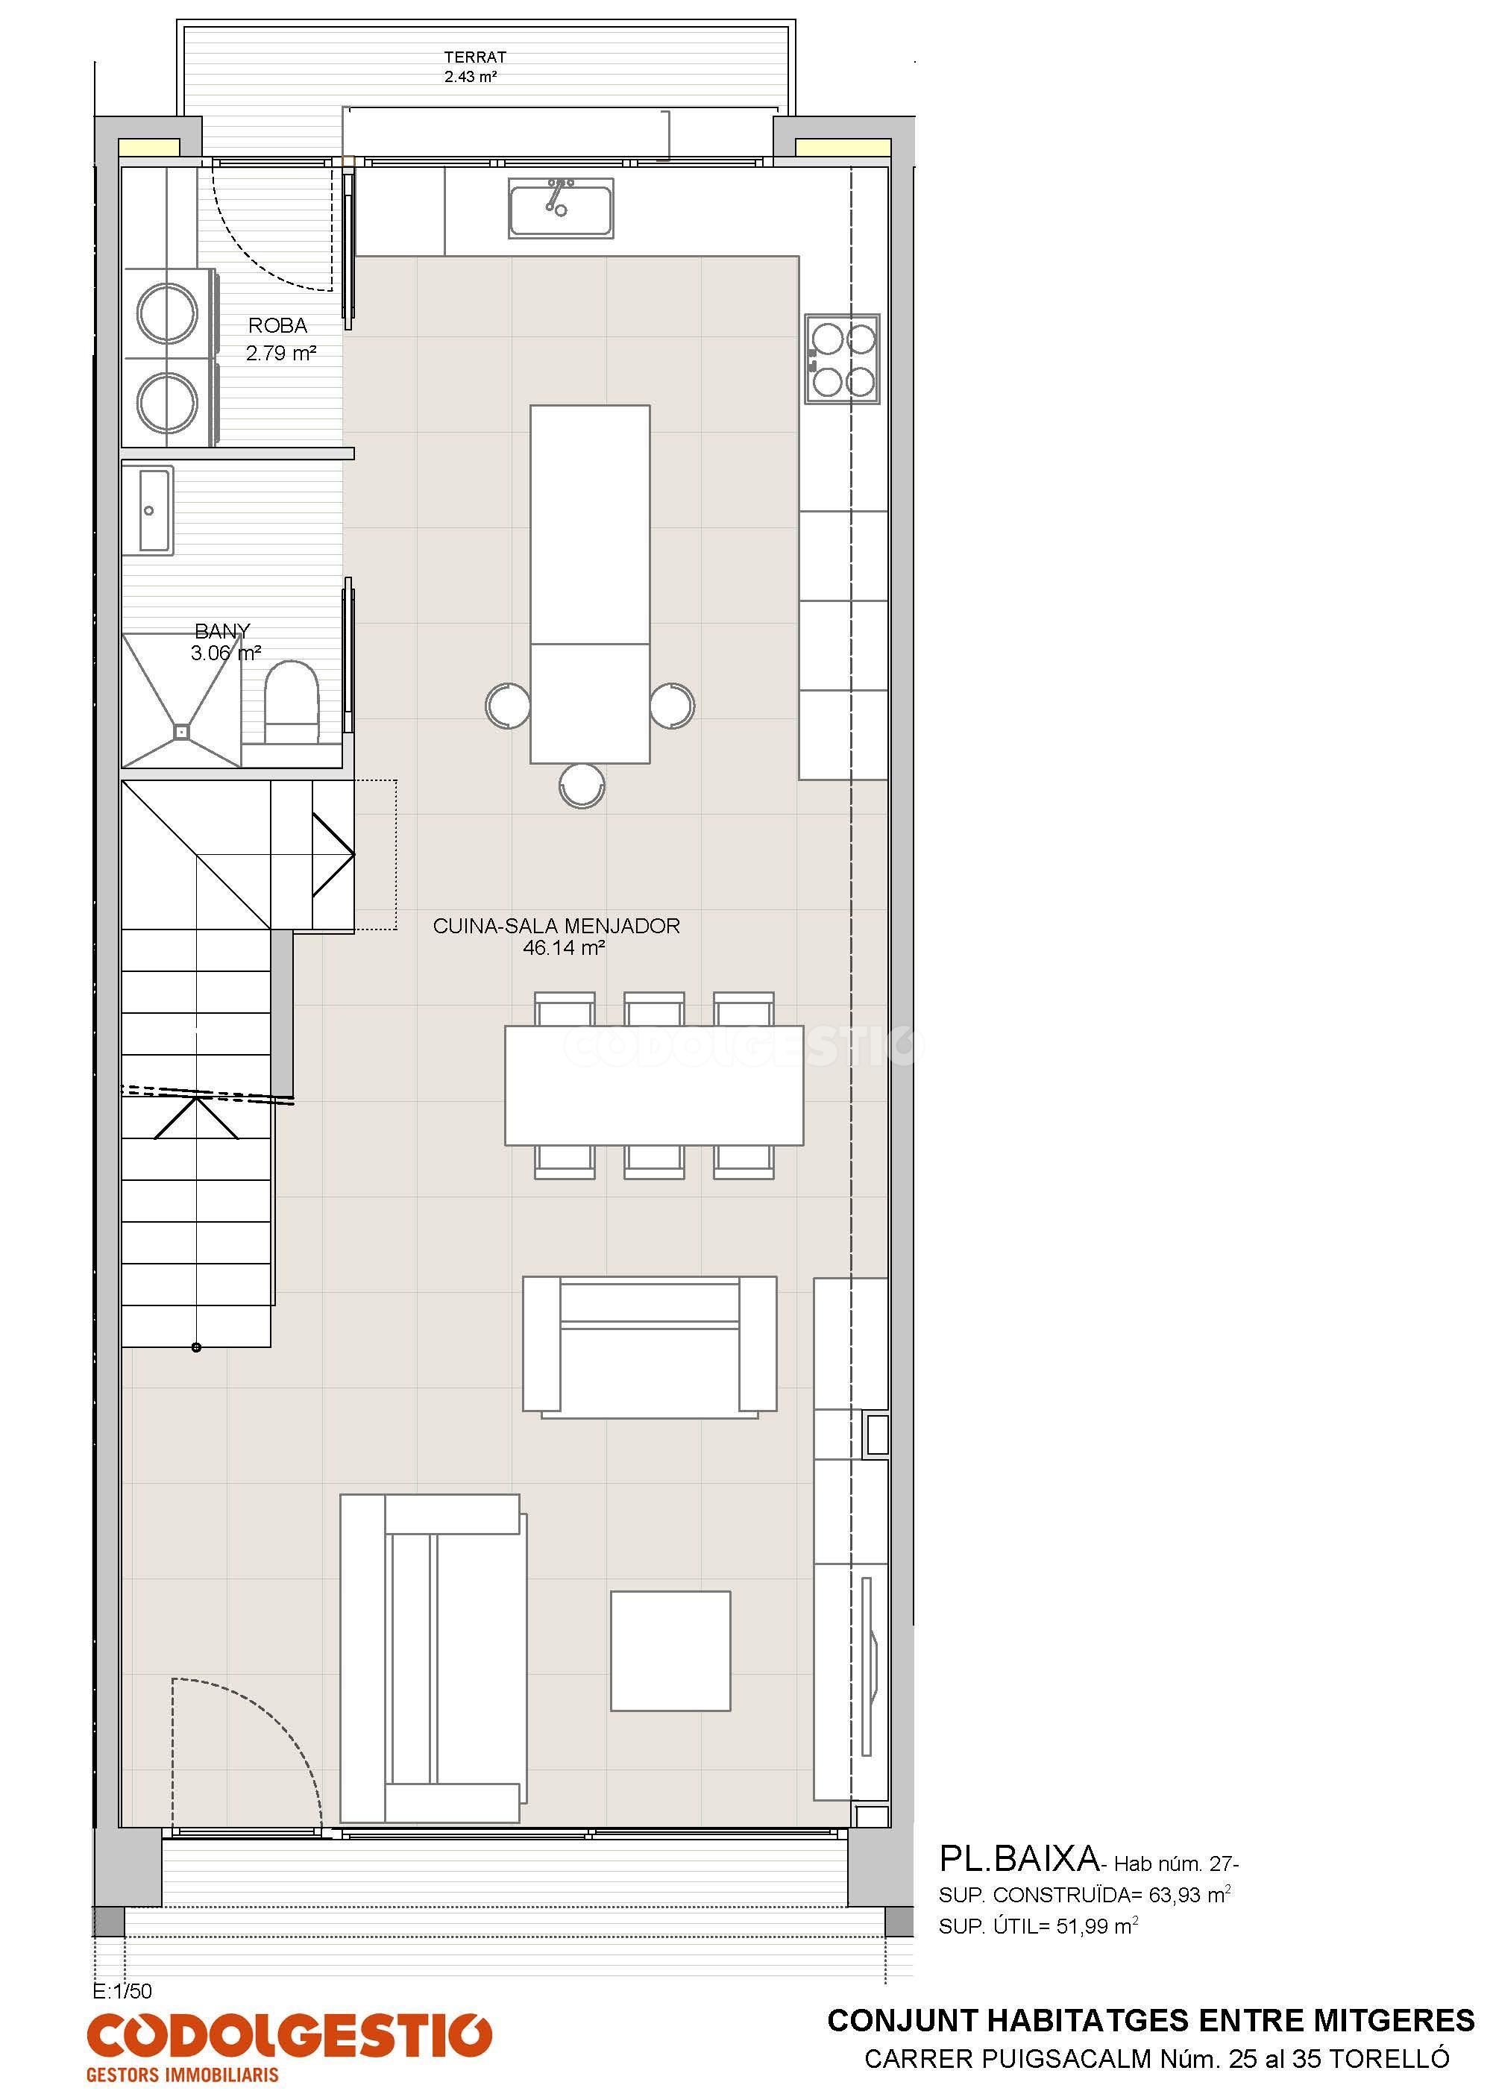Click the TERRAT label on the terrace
click(x=474, y=57)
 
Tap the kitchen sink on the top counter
click(x=562, y=208)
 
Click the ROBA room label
click(x=278, y=326)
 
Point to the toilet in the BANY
click(x=291, y=702)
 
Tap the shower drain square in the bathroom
click(x=182, y=731)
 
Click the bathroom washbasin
click(x=148, y=511)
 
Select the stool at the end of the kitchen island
click(x=582, y=786)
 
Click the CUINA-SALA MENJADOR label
click(x=557, y=926)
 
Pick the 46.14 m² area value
click(x=563, y=948)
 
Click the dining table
click(x=654, y=1085)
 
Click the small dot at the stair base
click(x=196, y=1348)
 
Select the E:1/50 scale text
click(x=123, y=1991)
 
